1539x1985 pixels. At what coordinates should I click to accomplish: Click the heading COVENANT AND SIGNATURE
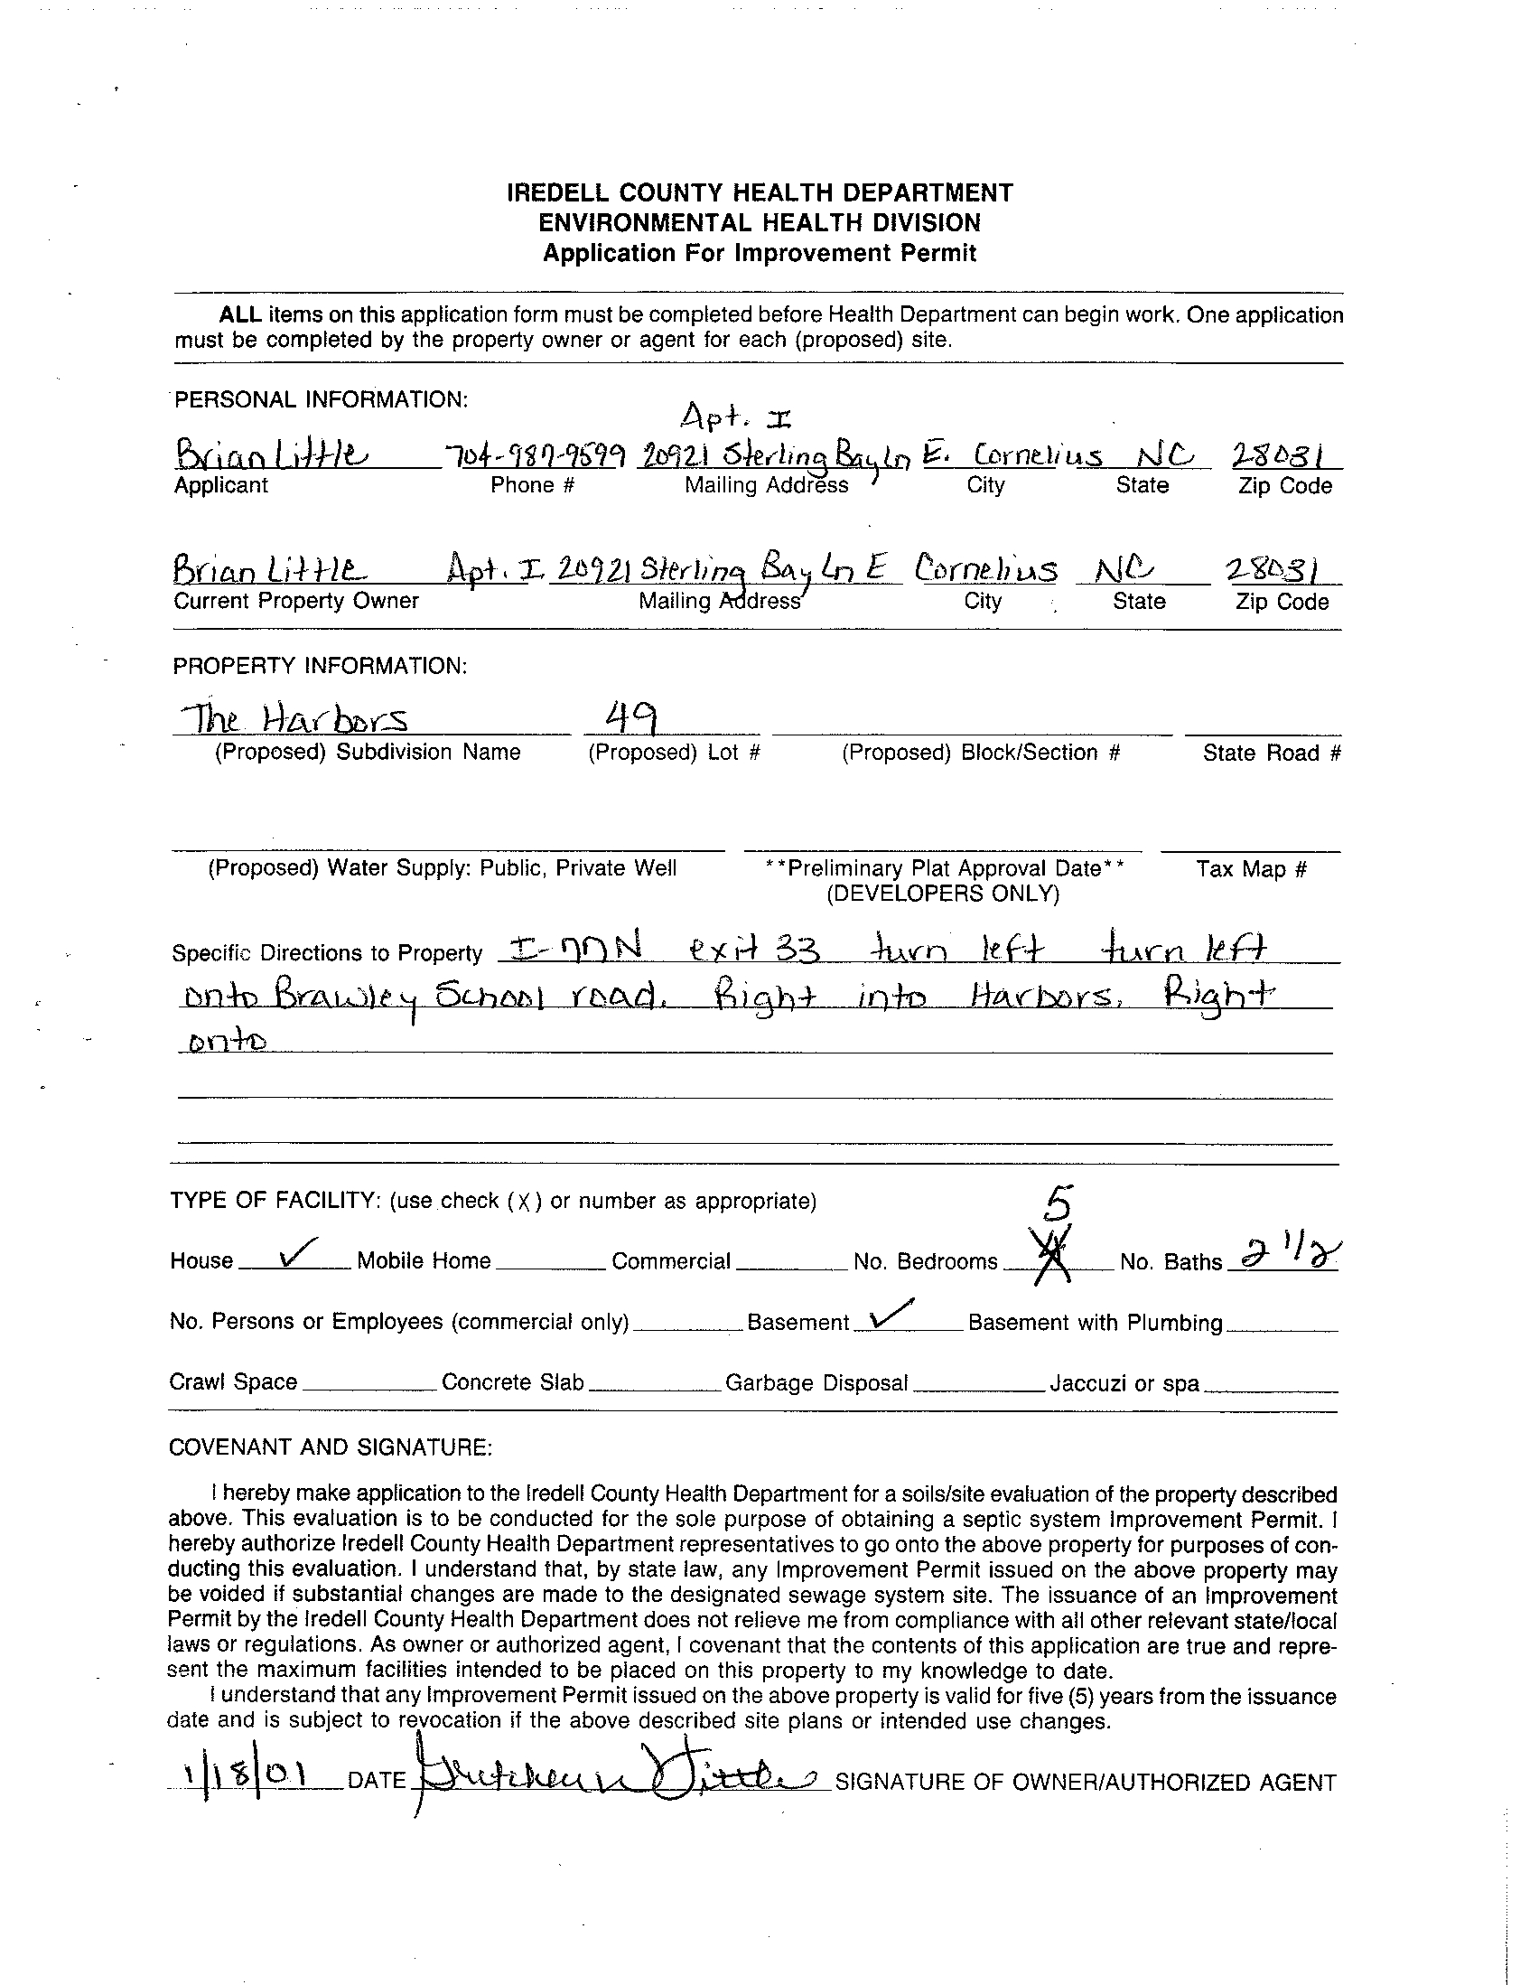(x=331, y=1447)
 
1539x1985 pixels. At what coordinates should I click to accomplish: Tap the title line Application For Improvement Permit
(x=760, y=253)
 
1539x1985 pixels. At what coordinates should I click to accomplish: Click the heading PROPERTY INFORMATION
(x=320, y=666)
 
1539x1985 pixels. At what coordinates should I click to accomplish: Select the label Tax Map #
(x=1251, y=869)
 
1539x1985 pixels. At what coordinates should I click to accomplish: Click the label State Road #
(x=1271, y=753)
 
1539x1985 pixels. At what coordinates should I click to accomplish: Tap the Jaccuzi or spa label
(x=1124, y=1383)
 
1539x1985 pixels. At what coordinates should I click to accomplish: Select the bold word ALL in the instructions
(x=240, y=315)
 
